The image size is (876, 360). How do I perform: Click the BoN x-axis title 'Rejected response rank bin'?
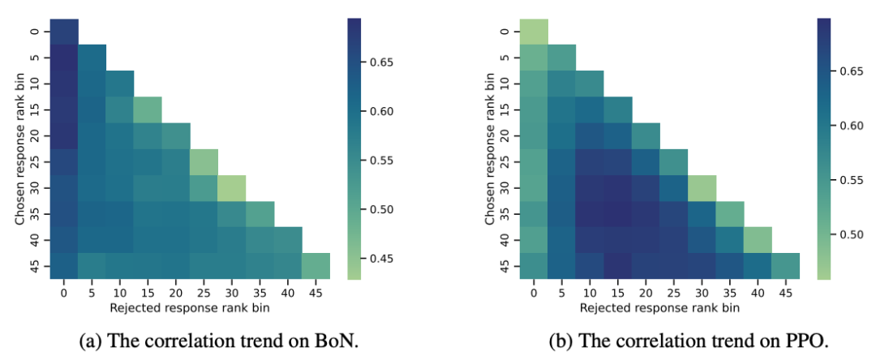(190, 308)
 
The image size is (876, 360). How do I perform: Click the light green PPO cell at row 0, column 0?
(534, 32)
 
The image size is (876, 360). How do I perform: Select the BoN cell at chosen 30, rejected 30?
(232, 188)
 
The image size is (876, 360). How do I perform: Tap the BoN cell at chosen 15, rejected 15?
(148, 110)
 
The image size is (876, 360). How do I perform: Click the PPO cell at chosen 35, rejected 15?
(618, 214)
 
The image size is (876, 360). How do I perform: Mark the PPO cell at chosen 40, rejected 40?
(758, 240)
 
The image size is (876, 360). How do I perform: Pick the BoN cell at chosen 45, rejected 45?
(316, 266)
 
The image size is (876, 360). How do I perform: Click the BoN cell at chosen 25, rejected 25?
(204, 162)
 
